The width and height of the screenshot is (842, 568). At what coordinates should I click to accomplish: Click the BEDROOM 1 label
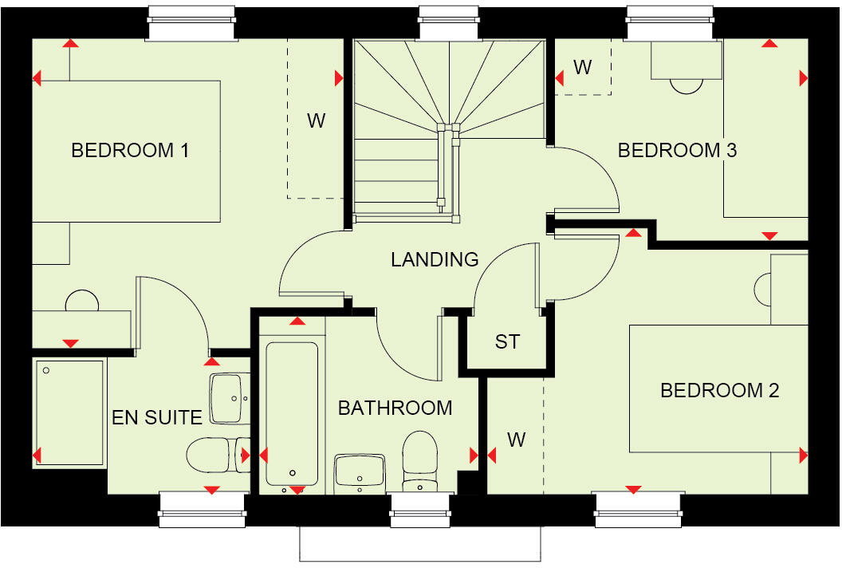(x=130, y=150)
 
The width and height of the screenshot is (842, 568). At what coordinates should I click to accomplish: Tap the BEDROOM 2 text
(x=719, y=390)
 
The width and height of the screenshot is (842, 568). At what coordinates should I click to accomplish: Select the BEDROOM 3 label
(x=677, y=150)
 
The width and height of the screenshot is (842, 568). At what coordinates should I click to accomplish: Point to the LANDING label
(x=435, y=259)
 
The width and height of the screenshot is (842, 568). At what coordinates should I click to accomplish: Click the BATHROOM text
(x=395, y=408)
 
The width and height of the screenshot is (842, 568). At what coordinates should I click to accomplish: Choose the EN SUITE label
(x=157, y=417)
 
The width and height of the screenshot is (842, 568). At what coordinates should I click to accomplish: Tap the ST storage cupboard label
(x=507, y=342)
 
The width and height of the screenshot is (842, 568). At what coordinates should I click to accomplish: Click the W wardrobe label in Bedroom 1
(x=317, y=121)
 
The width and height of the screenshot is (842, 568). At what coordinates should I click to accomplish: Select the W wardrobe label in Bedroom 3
(x=583, y=68)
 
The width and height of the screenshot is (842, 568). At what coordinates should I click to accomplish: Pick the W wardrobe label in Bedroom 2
(x=517, y=440)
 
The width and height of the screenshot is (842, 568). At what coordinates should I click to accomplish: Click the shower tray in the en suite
(x=70, y=412)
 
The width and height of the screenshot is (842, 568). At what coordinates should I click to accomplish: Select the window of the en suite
(x=202, y=508)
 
